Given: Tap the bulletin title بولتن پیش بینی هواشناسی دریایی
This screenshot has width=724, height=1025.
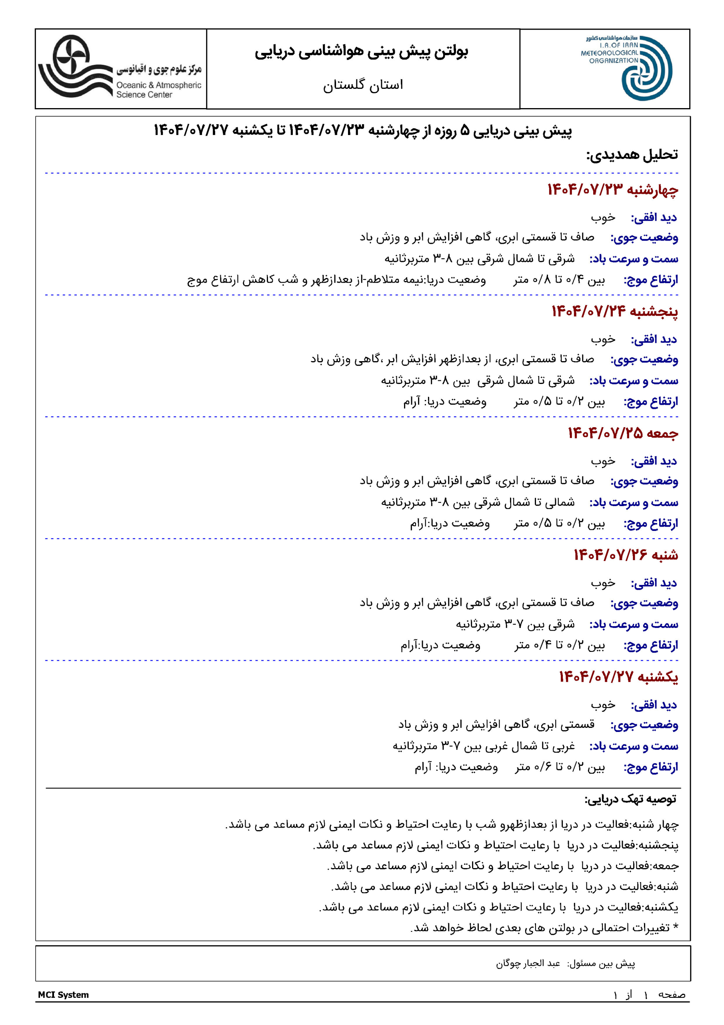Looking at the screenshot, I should click(362, 52).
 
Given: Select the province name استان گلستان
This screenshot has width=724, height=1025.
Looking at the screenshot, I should click(363, 85).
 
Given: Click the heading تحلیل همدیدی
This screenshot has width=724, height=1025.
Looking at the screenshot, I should click(632, 155).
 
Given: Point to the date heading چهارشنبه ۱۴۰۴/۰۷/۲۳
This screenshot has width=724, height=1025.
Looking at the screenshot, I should click(613, 190).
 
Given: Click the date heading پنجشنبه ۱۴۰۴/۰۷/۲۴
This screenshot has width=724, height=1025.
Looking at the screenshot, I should click(614, 311).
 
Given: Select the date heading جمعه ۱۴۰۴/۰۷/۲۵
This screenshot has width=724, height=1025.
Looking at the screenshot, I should click(623, 433).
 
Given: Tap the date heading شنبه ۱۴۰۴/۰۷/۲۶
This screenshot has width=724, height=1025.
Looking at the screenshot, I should click(626, 555).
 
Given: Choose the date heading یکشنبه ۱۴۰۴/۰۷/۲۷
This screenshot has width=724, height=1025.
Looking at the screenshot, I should click(618, 677).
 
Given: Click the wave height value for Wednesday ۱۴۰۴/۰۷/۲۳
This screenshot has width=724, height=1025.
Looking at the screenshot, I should click(559, 280).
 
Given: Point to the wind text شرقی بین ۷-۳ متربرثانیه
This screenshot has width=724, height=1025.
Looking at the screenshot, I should click(515, 624).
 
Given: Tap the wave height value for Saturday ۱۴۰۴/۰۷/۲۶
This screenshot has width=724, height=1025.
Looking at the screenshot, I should click(559, 645).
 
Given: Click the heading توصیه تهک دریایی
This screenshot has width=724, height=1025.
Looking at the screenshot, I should click(630, 799).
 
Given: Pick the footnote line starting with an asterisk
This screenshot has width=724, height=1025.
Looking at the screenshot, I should click(544, 928).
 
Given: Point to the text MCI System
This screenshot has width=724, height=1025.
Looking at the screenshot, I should click(63, 995).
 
